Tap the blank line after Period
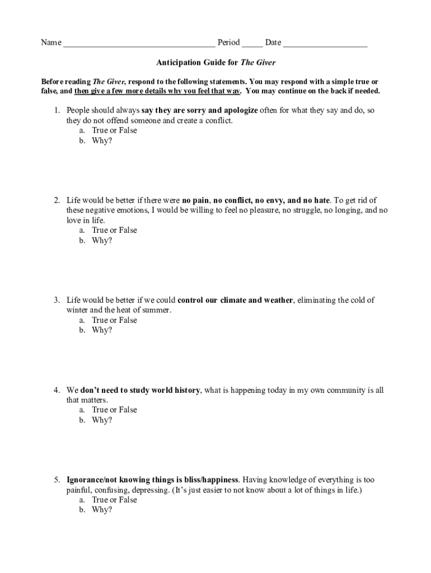point(252,44)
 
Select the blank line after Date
point(325,44)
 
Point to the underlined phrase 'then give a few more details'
point(120,91)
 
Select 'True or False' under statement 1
point(114,130)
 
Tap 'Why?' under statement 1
point(102,140)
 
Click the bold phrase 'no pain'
point(195,200)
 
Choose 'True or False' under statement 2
point(114,230)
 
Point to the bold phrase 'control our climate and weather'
point(235,300)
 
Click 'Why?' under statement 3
point(102,330)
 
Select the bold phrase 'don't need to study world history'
point(140,390)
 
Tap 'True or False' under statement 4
point(114,410)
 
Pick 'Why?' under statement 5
point(102,510)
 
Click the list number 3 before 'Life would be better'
point(57,300)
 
